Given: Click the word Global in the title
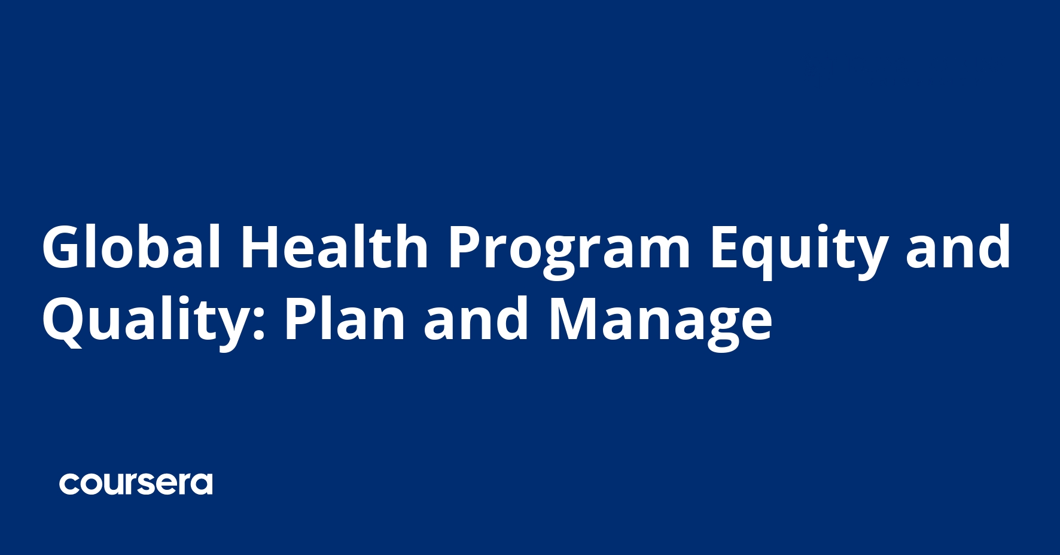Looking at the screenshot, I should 131,247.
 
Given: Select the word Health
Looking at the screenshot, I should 334,247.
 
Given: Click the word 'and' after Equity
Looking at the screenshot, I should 958,247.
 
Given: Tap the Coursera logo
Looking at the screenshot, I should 136,483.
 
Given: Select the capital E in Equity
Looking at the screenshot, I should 725,247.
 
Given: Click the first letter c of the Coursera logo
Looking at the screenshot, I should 69,484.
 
